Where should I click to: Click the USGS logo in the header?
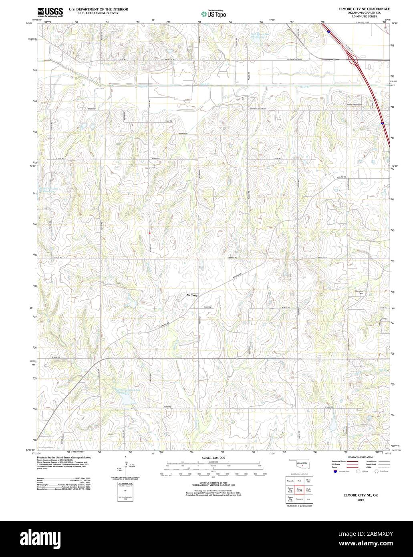click(x=50, y=12)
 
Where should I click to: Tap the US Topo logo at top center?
click(x=214, y=14)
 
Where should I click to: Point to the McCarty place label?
click(x=192, y=295)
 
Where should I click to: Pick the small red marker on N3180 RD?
click(x=149, y=232)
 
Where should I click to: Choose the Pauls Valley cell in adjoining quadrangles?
click(x=308, y=490)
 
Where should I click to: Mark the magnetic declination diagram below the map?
click(x=126, y=465)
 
